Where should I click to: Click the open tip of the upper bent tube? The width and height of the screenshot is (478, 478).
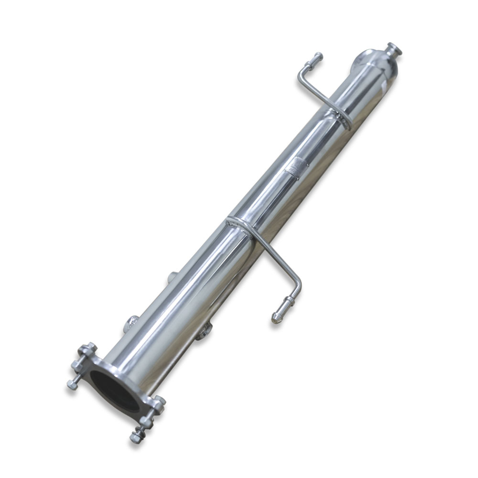pos(318,56)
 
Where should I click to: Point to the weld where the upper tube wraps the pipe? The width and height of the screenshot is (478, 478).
pos(342,116)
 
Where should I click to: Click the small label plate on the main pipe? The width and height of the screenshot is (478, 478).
pos(292,167)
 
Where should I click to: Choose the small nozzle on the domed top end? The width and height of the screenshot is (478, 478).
pos(394,48)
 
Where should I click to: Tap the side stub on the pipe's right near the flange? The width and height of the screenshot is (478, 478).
pos(203,331)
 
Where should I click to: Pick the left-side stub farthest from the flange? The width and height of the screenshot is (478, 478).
pos(173,276)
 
